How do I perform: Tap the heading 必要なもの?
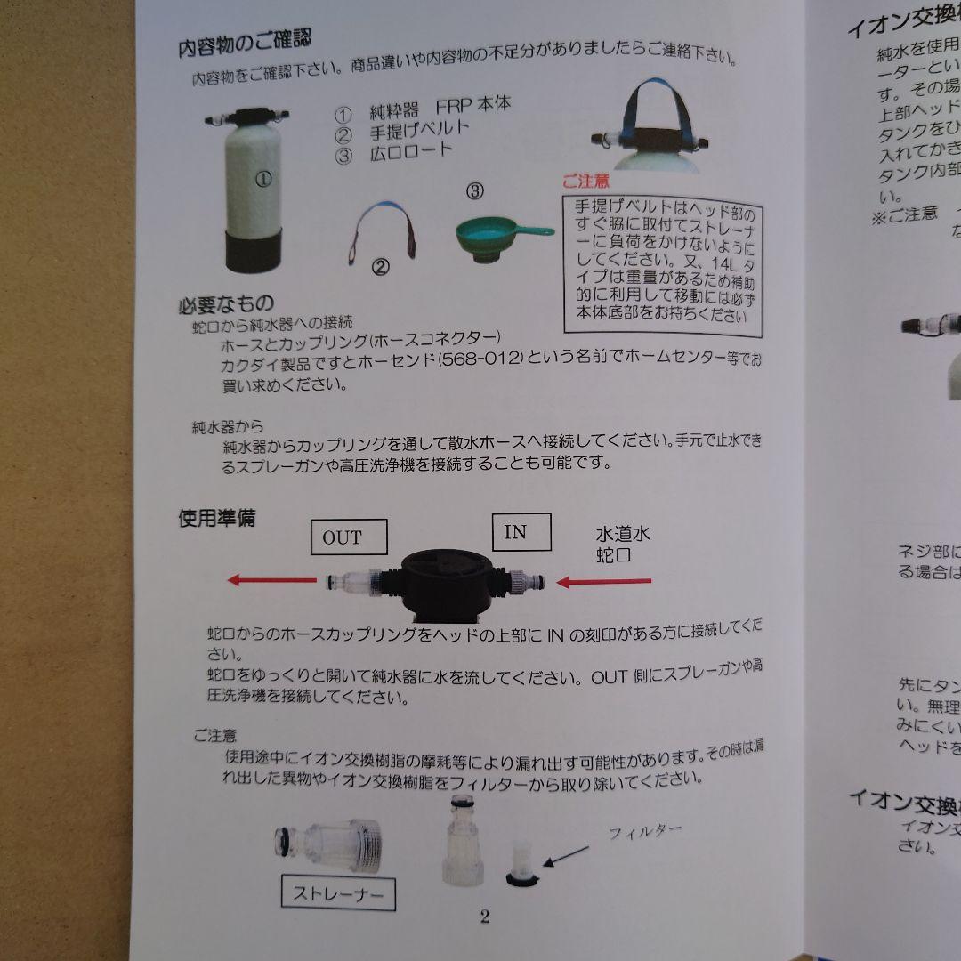coord(226,304)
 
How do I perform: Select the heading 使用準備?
coord(216,517)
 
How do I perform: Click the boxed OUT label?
coord(343,537)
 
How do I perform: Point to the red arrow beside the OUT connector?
coord(272,580)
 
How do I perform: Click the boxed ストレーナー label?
coord(337,892)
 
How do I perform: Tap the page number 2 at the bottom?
coord(485,917)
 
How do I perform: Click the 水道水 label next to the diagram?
coord(623,536)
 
